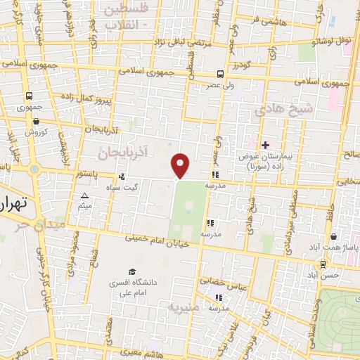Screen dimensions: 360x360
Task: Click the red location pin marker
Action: point(181,165)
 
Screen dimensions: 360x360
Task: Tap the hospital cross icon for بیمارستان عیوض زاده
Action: point(265,144)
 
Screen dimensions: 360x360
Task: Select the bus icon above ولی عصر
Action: point(221,73)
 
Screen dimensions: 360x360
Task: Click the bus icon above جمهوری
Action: point(30,96)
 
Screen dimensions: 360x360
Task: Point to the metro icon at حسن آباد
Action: point(323,264)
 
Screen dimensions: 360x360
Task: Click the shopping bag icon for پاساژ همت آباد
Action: point(333,237)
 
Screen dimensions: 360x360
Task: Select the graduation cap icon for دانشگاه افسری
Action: point(131,272)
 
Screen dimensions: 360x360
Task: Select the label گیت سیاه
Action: point(140,187)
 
